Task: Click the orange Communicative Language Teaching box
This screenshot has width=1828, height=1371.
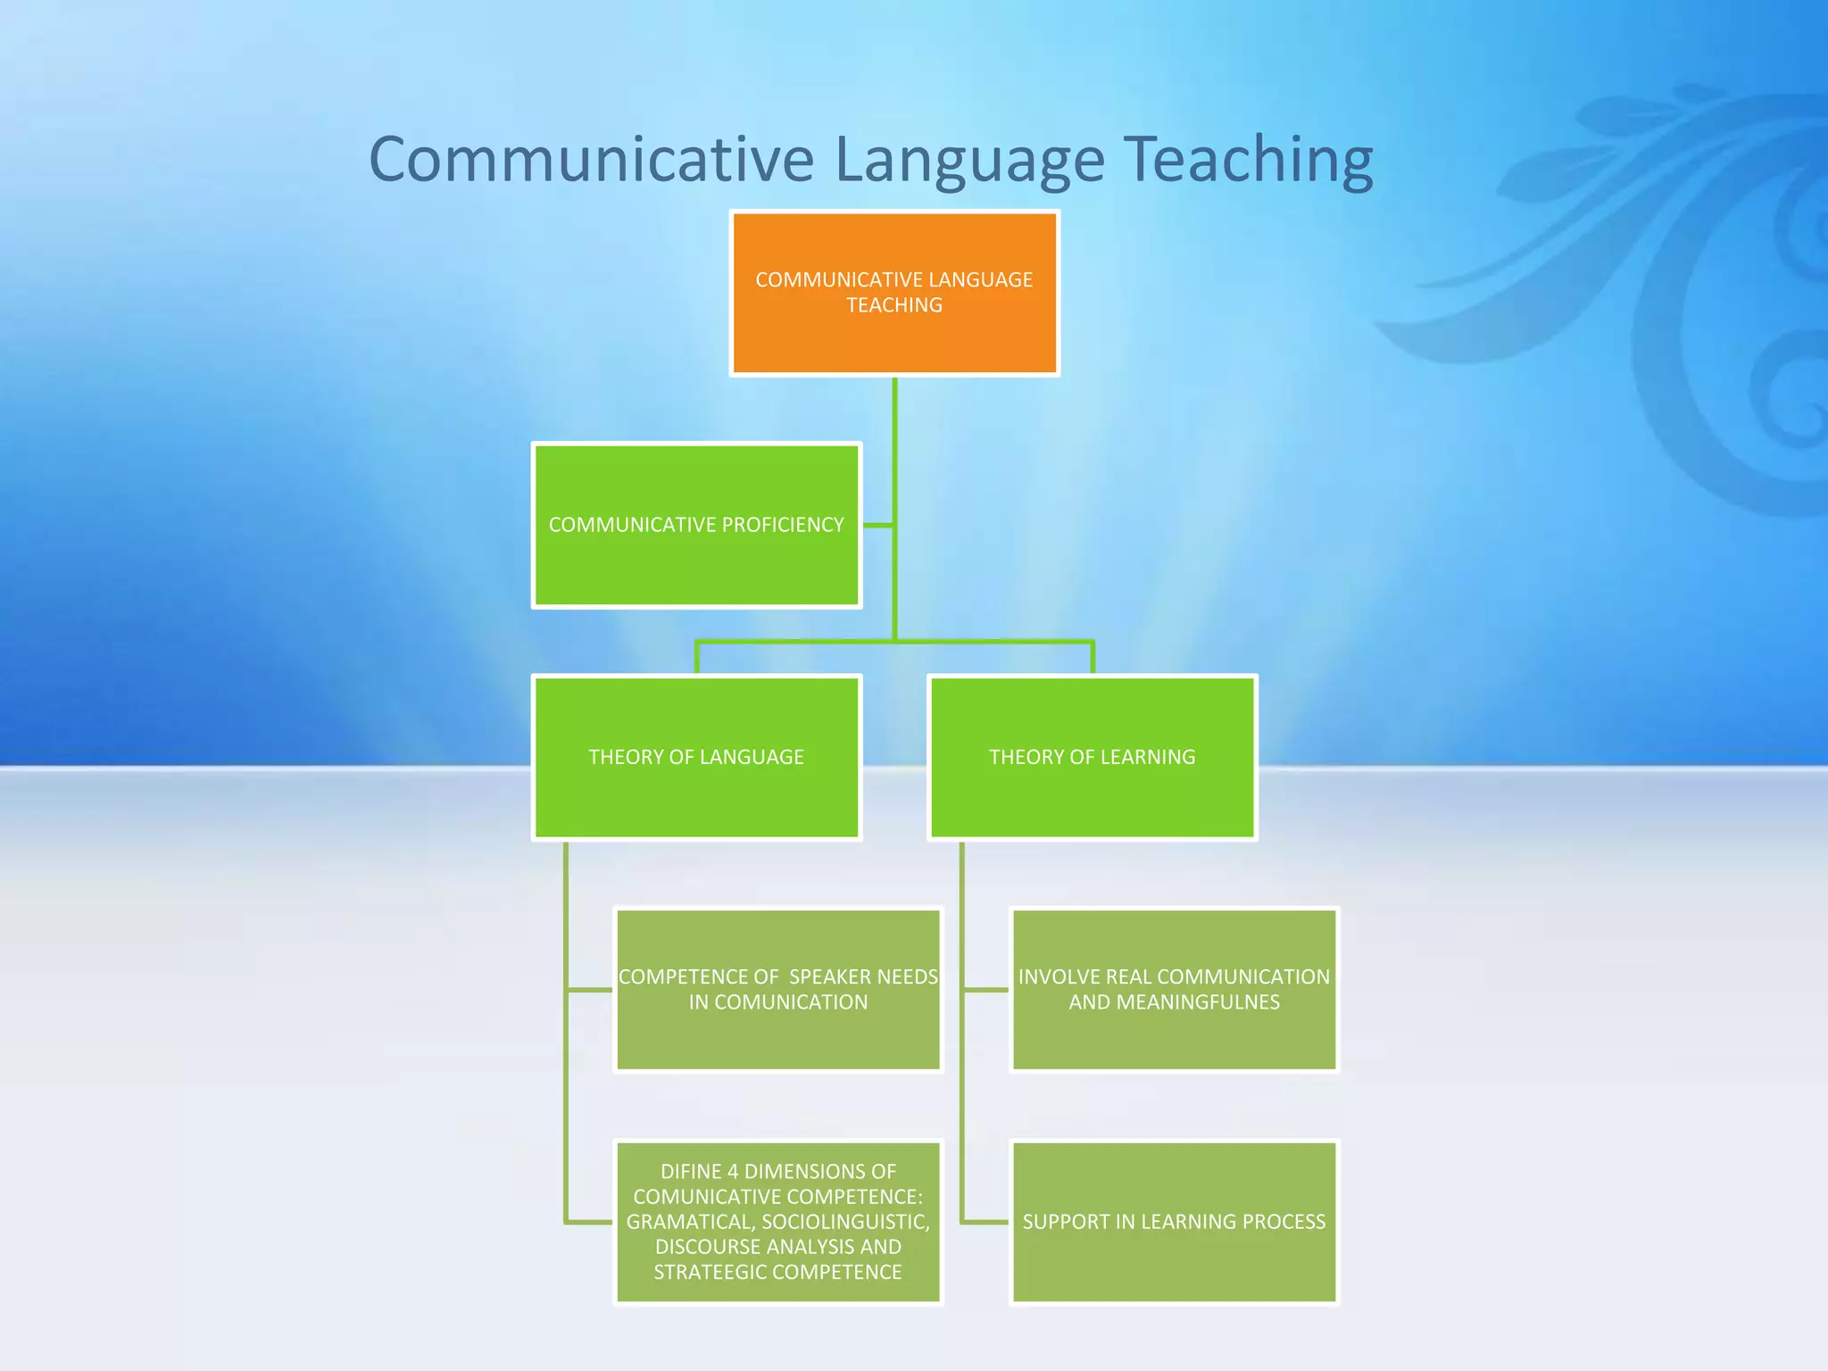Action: coord(894,293)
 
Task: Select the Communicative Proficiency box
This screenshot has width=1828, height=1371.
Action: coord(696,525)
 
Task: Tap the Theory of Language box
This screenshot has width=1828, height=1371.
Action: coord(696,757)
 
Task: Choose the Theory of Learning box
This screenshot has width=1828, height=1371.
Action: coord(1093,757)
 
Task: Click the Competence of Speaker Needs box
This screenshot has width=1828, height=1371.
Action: coord(778,989)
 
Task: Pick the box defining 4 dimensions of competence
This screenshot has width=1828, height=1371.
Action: coord(778,1221)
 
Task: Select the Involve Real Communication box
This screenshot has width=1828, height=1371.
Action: coord(1174,989)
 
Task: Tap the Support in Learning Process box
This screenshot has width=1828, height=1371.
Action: coord(1174,1221)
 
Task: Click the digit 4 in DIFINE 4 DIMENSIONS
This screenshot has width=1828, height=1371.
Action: coord(732,1171)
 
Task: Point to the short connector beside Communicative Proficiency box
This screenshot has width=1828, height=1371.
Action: coord(878,525)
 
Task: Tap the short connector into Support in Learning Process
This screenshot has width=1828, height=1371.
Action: coord(985,1221)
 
